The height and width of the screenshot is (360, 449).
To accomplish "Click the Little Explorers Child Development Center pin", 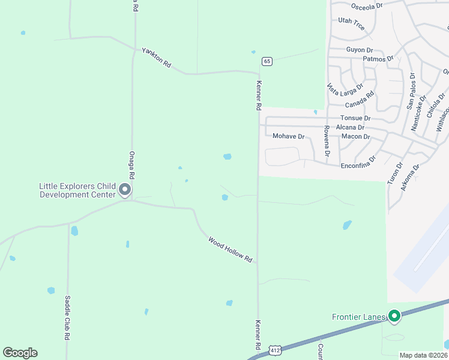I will click(125, 190).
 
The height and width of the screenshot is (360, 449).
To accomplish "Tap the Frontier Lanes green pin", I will click(394, 316).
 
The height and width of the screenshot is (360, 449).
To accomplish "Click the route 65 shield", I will click(267, 61).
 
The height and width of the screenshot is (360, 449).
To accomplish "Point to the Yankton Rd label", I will click(157, 58).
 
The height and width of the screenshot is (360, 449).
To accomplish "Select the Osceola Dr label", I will click(366, 6).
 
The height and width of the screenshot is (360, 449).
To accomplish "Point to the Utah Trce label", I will click(351, 23).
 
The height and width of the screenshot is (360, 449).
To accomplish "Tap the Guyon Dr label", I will click(360, 50).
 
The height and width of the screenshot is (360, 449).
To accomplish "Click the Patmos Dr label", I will click(378, 59).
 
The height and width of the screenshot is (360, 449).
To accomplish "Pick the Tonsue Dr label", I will click(356, 118).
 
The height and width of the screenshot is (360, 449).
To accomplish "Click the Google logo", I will click(20, 353).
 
